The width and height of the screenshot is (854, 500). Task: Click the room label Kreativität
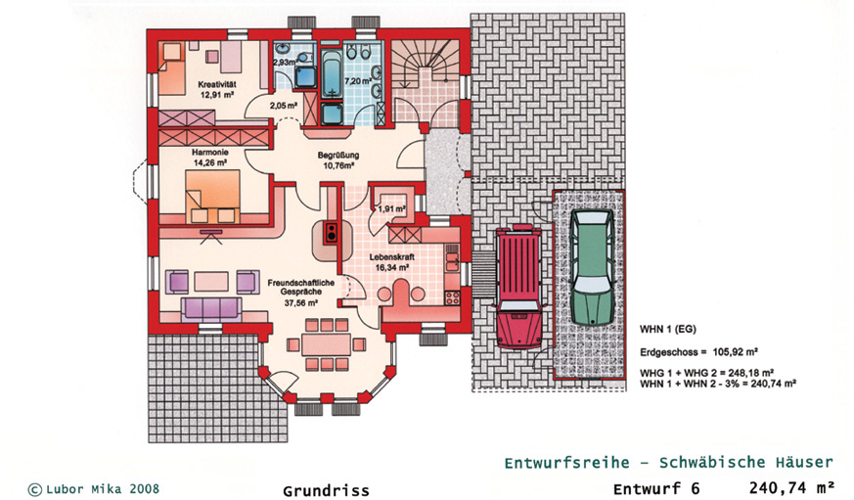pos(217,85)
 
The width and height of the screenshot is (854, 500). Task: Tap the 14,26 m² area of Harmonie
pos(210,162)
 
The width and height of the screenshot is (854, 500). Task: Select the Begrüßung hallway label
pos(338,156)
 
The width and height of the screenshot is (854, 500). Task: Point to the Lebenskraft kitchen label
pos(391,257)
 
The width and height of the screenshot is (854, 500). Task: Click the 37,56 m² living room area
pos(300,302)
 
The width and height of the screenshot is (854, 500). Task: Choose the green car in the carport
pos(592,268)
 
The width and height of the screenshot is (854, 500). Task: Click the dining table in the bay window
pos(326,344)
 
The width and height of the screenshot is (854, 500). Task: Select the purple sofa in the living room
pos(211,309)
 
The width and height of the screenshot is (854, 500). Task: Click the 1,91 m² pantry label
pos(391,209)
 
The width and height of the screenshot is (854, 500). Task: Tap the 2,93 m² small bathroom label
pos(285,63)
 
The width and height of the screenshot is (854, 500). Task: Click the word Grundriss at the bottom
pos(326,491)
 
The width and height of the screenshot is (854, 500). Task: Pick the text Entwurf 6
pos(656,488)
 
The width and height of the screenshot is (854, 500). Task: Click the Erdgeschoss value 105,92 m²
pos(736,352)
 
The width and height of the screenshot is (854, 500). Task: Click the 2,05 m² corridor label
pos(284,106)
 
